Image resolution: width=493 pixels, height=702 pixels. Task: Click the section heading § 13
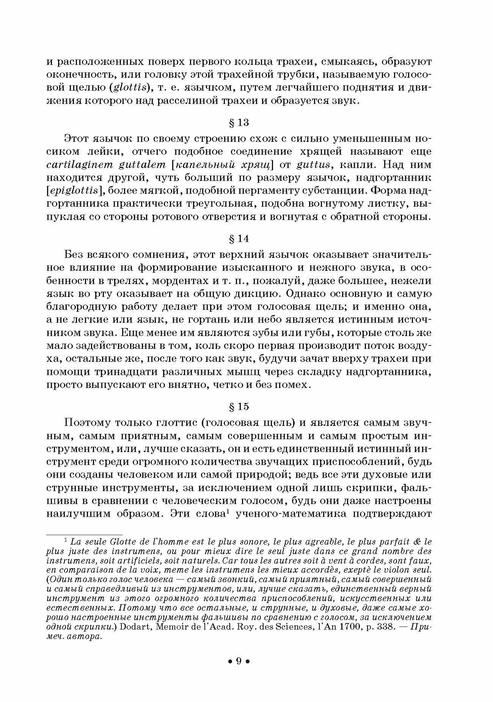pos(239,123)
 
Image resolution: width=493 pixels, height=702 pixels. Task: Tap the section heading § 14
pos(239,239)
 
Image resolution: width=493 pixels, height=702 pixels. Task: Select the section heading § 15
pos(239,407)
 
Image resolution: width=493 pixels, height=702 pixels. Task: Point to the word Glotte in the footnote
pos(116,542)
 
